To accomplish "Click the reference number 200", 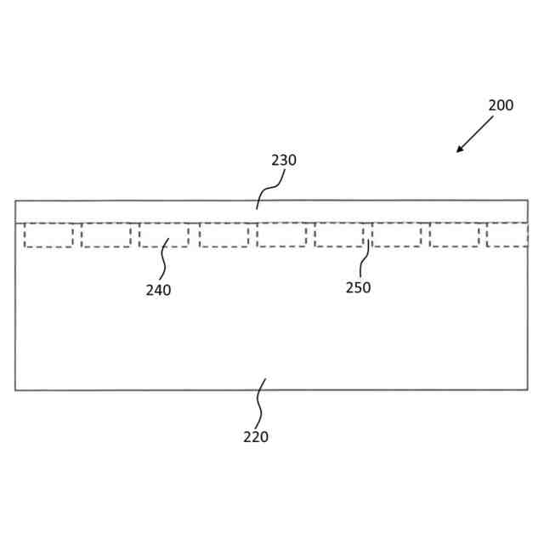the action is pyautogui.click(x=501, y=105).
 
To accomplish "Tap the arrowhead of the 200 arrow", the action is pyautogui.click(x=460, y=150).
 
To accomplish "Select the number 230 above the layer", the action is pyautogui.click(x=284, y=160).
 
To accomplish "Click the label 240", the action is pyautogui.click(x=158, y=290).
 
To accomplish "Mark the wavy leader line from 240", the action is pyautogui.click(x=163, y=260).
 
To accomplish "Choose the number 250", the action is pyautogui.click(x=358, y=287).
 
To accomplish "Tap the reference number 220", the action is pyautogui.click(x=256, y=437).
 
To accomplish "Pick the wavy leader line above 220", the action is pyautogui.click(x=260, y=404).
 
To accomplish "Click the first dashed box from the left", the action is pyautogui.click(x=48, y=235).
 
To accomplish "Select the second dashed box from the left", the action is pyautogui.click(x=106, y=235).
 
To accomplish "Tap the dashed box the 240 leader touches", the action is pyautogui.click(x=164, y=235).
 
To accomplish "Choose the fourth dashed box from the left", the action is pyautogui.click(x=224, y=235).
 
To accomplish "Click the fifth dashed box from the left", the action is pyautogui.click(x=281, y=235).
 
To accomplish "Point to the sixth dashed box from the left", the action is pyautogui.click(x=339, y=235).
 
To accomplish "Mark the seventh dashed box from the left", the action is pyautogui.click(x=396, y=235).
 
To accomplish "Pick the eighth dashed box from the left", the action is pyautogui.click(x=454, y=235).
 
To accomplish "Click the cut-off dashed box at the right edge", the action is pyautogui.click(x=507, y=235).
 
